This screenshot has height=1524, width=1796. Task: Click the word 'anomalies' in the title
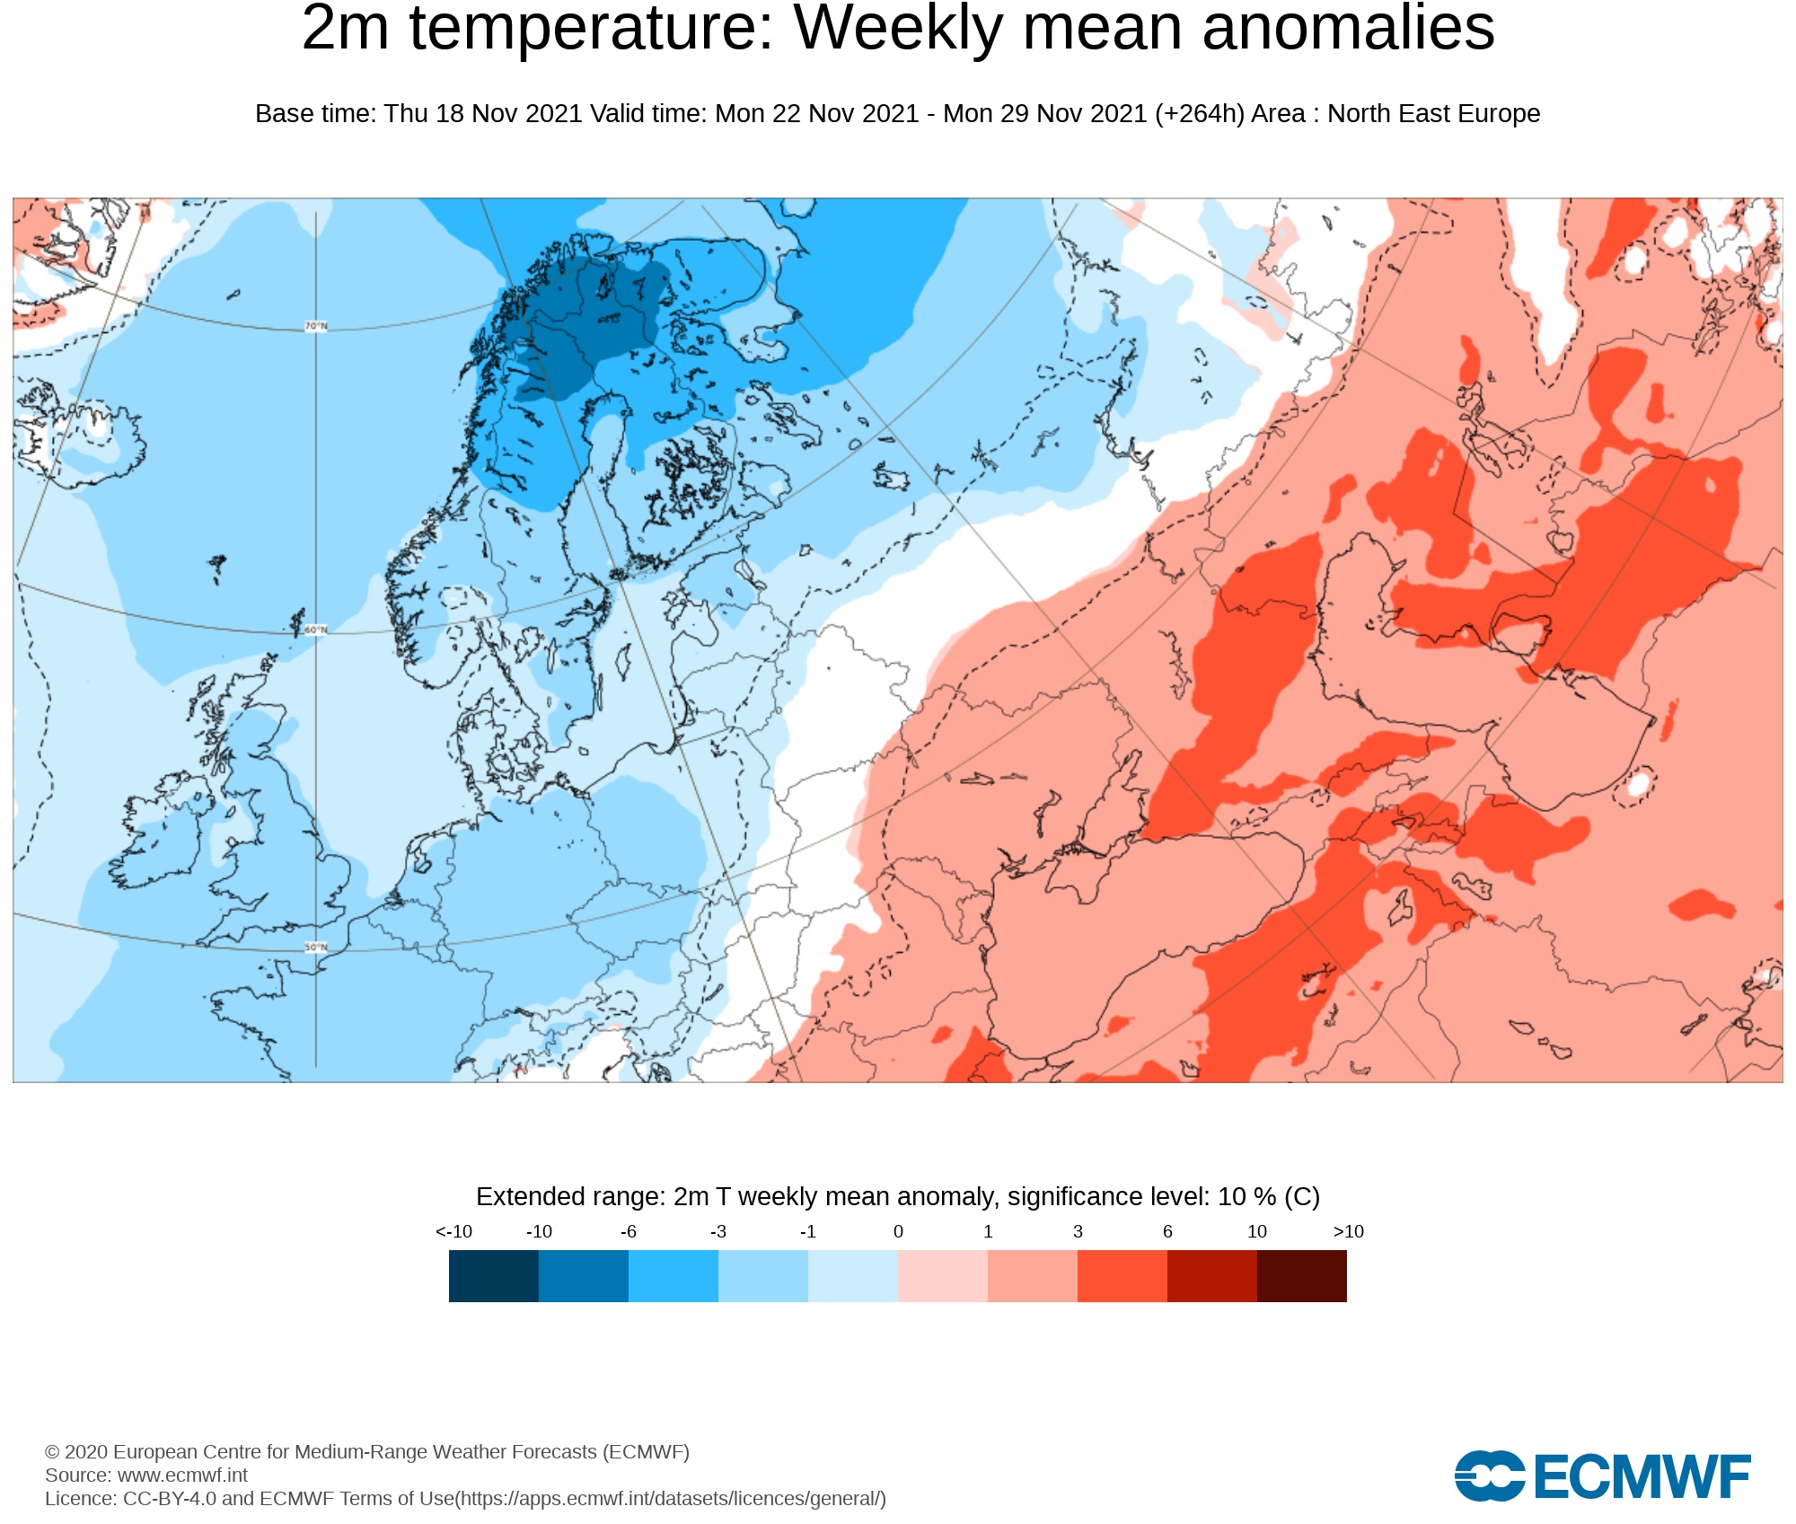click(x=1347, y=29)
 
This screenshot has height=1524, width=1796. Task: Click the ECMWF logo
click(x=1603, y=1476)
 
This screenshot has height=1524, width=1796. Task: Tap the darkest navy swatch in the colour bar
click(x=494, y=1276)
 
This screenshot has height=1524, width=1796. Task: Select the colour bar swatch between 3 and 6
click(x=1122, y=1276)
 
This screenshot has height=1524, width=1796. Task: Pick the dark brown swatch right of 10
click(x=1302, y=1276)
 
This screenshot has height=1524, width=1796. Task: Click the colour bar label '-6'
click(x=628, y=1231)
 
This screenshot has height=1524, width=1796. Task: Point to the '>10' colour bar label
click(x=1348, y=1231)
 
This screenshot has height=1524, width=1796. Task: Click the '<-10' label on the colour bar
click(x=453, y=1231)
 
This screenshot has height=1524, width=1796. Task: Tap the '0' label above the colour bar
click(x=898, y=1231)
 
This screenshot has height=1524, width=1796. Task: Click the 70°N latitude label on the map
click(x=316, y=326)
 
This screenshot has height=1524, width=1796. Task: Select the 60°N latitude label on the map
click(x=316, y=630)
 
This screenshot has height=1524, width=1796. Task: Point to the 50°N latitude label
click(x=316, y=947)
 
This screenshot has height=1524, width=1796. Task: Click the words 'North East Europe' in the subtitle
click(x=1433, y=114)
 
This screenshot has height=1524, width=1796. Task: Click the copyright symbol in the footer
click(x=52, y=1452)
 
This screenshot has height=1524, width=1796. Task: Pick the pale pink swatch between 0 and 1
click(x=943, y=1276)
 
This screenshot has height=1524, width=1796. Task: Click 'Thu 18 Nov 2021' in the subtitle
click(x=483, y=114)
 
